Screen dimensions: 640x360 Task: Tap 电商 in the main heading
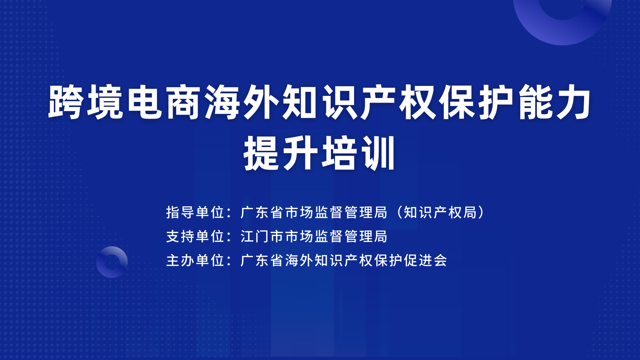(164, 102)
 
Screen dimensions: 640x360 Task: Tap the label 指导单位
(195, 212)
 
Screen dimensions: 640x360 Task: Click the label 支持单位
(195, 236)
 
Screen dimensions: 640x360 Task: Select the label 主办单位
(195, 260)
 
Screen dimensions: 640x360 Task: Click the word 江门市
(262, 236)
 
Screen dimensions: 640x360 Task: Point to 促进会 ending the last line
(425, 260)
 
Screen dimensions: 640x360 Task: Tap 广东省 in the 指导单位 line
(262, 212)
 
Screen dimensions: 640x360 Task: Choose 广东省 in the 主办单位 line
(262, 260)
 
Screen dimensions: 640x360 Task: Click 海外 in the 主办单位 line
(299, 260)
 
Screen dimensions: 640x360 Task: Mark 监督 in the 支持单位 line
(329, 236)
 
